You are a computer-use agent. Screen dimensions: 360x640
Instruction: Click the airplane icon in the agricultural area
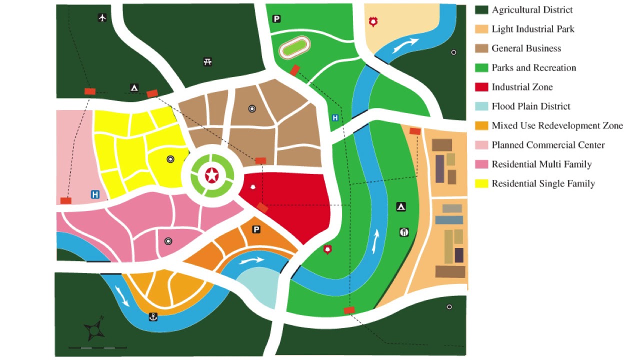click(102, 18)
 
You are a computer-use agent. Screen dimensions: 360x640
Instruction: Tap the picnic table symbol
click(208, 62)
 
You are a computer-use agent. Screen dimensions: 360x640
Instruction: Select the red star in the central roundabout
click(212, 175)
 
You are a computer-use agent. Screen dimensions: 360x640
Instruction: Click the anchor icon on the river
click(153, 316)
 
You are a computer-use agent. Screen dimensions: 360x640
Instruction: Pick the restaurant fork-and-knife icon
click(404, 232)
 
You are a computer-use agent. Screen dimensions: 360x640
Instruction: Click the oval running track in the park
click(294, 49)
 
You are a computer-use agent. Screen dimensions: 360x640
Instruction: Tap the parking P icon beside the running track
click(276, 19)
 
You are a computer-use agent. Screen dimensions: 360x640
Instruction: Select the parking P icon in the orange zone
click(256, 229)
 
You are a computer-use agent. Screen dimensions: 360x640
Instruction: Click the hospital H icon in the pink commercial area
click(95, 194)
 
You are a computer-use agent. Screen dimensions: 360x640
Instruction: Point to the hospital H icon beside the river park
click(335, 118)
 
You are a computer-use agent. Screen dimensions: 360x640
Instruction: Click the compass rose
click(94, 329)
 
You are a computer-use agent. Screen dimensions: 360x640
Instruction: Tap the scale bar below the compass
click(97, 347)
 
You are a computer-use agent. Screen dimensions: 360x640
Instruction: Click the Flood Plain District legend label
click(530, 106)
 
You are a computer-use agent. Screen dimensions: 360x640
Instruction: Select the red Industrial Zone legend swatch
click(481, 87)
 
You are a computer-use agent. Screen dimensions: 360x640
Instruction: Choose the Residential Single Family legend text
click(543, 183)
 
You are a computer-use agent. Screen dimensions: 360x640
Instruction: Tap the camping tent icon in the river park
click(400, 206)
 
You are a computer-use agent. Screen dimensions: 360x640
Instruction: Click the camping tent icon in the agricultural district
click(134, 88)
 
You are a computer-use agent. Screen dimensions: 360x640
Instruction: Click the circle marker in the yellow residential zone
click(170, 159)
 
